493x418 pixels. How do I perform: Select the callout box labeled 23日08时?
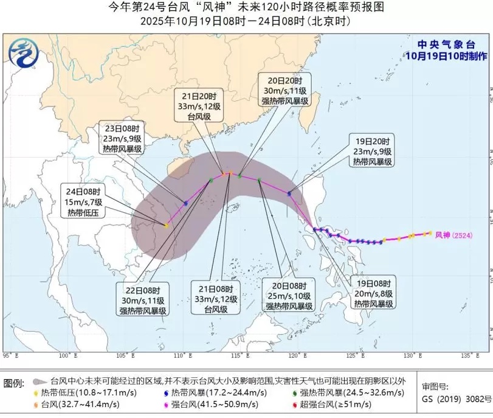(122, 138)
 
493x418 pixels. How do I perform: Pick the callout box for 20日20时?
(284, 91)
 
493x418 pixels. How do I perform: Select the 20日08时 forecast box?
(288, 295)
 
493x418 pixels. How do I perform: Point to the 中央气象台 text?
(446, 44)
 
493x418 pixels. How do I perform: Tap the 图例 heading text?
(13, 383)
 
